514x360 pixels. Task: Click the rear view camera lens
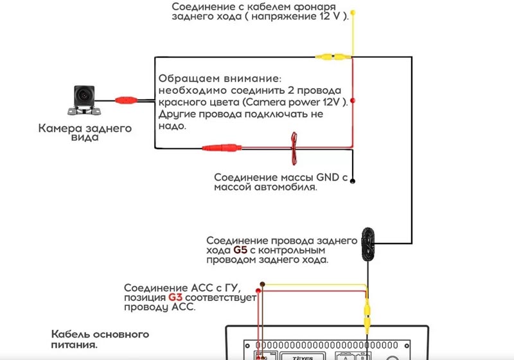tap(84, 95)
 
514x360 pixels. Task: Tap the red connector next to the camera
tap(126, 100)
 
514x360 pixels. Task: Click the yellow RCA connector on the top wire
tap(333, 57)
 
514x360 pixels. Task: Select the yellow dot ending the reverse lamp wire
tap(353, 13)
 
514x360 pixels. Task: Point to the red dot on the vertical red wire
tap(353, 100)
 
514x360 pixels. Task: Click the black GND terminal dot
tap(353, 181)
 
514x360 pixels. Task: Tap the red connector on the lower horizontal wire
tap(222, 148)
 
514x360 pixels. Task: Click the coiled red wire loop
tap(294, 148)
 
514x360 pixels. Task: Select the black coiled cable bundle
tap(368, 244)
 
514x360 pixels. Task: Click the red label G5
tap(240, 250)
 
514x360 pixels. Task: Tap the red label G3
tap(175, 298)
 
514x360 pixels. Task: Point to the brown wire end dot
tap(262, 284)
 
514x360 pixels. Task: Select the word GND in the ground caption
tap(328, 177)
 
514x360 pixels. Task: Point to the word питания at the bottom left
tap(74, 345)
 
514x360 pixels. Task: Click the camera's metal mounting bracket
tap(84, 111)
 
